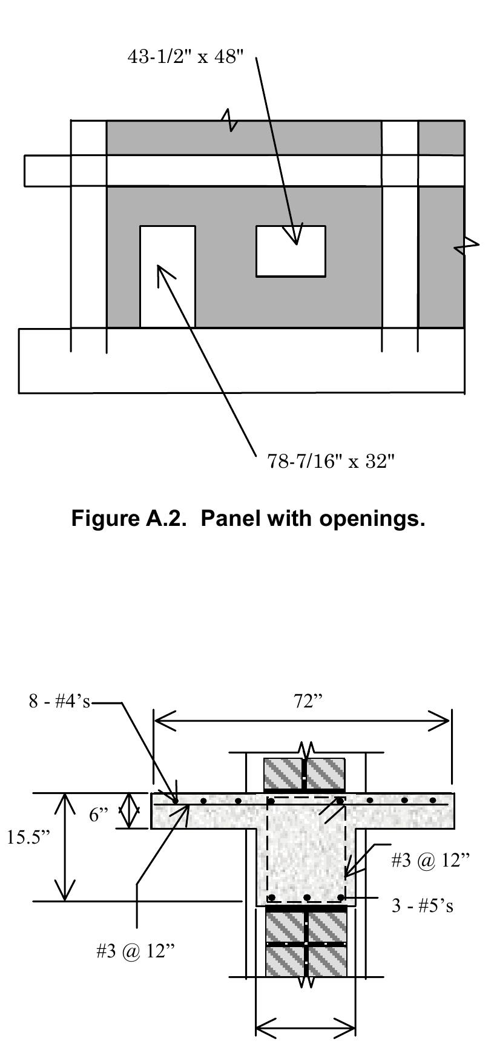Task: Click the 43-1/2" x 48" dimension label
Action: tap(186, 57)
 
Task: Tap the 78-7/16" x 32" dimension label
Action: tap(331, 462)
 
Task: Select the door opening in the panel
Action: tap(168, 277)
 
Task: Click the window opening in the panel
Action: tap(291, 251)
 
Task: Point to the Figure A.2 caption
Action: tap(248, 519)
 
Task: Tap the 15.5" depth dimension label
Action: tap(28, 838)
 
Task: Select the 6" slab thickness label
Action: tap(99, 815)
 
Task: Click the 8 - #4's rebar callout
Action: tap(59, 701)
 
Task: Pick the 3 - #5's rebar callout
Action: tap(422, 906)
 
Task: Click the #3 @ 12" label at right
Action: tap(430, 861)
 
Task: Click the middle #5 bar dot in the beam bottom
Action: tap(307, 897)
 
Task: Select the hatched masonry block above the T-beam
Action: tap(305, 773)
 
